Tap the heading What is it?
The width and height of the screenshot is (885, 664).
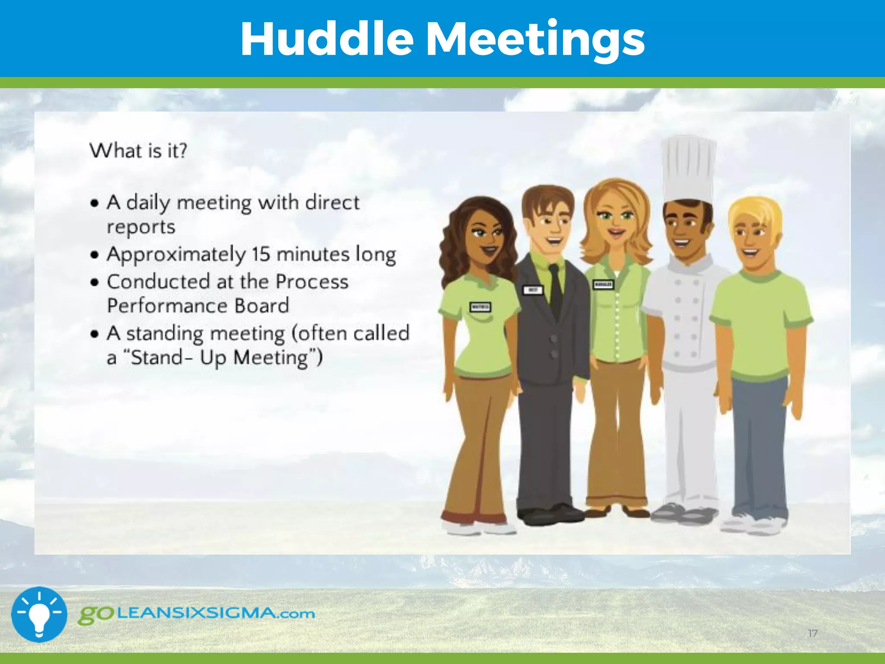138,151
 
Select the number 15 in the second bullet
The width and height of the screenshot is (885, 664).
261,254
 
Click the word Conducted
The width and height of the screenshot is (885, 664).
158,282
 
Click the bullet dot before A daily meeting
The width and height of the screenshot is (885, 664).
95,203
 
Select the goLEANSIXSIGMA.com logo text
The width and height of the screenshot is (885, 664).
197,614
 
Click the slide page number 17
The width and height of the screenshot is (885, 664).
812,634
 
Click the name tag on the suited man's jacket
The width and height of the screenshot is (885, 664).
533,290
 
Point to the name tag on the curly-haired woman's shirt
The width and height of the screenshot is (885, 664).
480,307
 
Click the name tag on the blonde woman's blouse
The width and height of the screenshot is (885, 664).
603,284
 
